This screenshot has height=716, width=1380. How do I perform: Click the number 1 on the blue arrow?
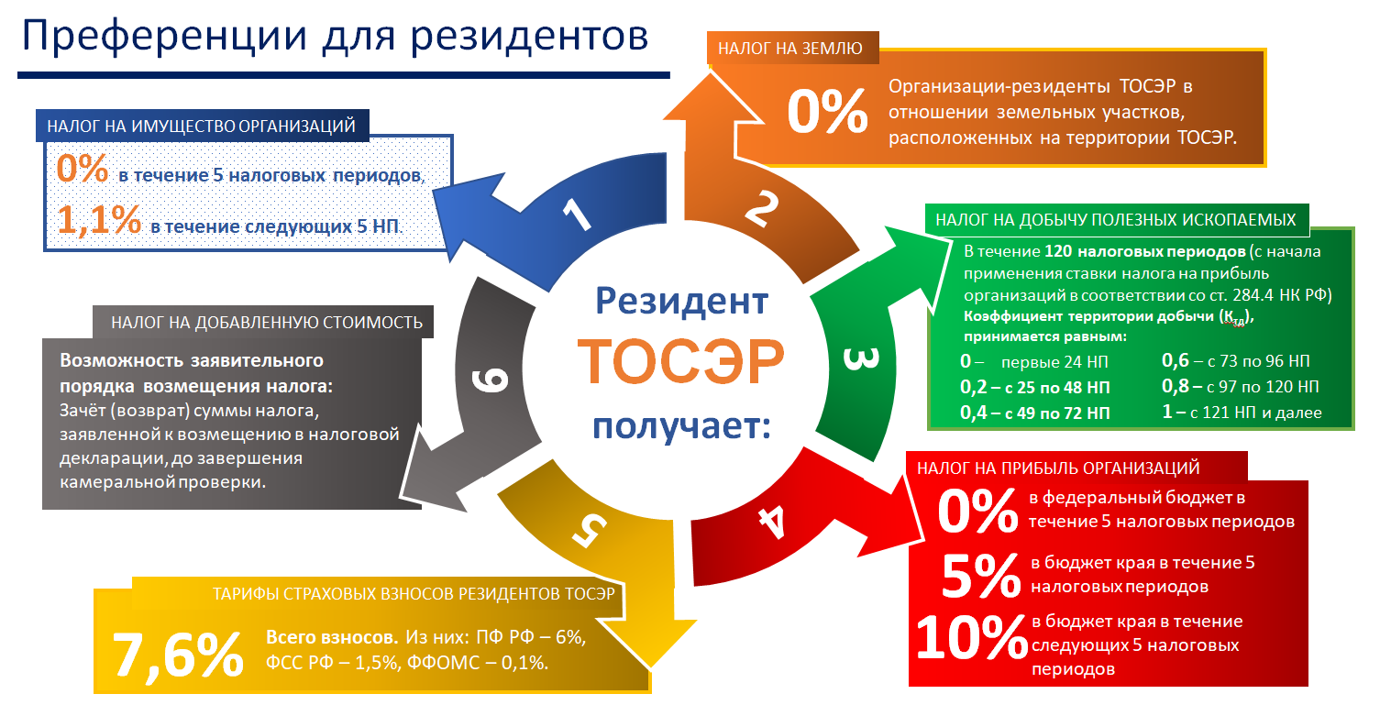578,215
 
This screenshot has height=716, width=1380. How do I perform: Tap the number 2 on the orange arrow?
761,208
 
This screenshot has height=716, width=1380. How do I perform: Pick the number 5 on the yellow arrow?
589,530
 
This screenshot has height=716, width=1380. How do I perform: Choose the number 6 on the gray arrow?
489,380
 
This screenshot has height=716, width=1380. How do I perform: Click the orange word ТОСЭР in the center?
680,361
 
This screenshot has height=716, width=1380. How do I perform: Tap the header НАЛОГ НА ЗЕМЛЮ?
789,48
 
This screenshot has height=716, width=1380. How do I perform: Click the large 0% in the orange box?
827,111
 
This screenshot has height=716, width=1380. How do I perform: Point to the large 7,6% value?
178,655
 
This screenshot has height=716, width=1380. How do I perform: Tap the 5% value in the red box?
981,575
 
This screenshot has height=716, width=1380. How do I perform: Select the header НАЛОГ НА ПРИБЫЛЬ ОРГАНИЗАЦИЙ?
1058,468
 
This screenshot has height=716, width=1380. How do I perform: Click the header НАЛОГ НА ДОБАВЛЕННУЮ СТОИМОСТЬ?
267,323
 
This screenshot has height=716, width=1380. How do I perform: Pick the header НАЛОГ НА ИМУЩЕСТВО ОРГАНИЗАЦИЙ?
202,126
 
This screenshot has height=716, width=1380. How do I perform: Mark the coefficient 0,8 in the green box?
1175,386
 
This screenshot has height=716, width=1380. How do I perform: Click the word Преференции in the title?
164,36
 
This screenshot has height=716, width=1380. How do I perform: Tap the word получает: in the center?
681,427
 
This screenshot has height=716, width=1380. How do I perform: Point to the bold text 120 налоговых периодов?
1145,251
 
